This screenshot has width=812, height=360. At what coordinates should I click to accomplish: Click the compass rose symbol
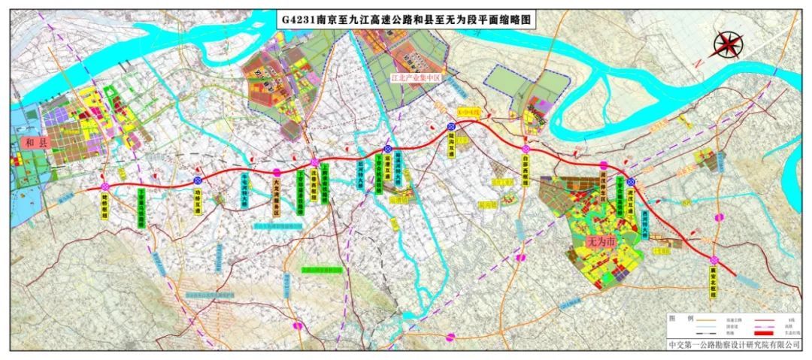(725, 46)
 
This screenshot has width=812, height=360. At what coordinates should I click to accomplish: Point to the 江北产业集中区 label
(413, 77)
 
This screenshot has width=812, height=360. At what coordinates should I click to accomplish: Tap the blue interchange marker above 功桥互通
(198, 180)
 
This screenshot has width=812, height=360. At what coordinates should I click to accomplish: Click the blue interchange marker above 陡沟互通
(451, 126)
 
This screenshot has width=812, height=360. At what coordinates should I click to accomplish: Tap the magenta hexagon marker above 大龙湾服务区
(277, 172)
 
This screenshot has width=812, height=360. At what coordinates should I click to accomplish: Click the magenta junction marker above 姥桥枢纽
(106, 186)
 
